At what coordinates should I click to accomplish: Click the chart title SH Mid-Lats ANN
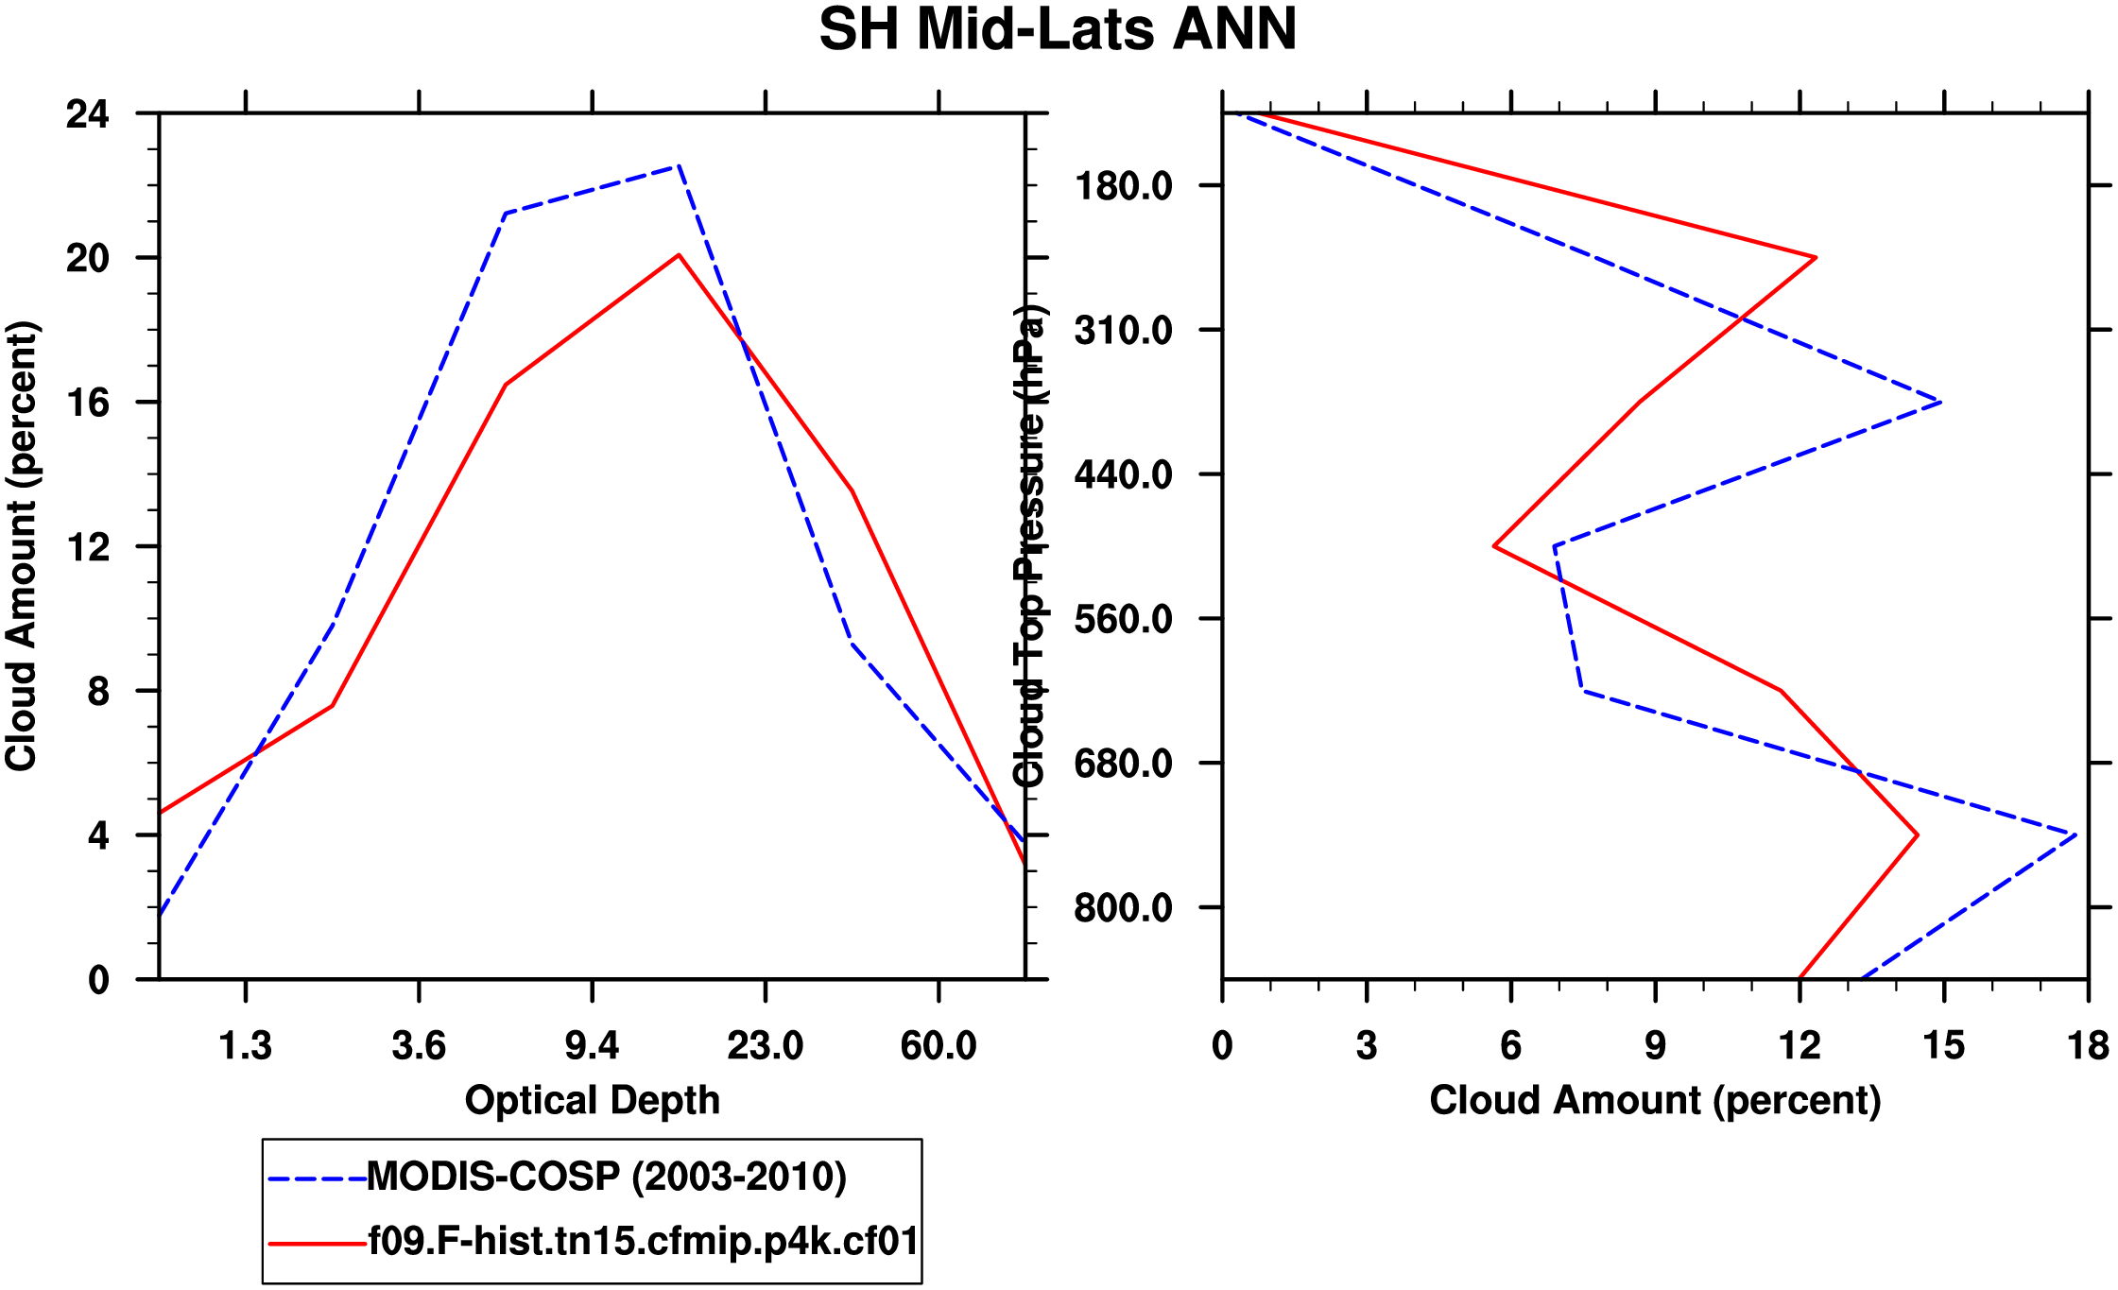click(1058, 30)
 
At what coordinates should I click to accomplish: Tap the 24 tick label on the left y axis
click(88, 114)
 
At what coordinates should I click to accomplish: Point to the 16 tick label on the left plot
click(88, 404)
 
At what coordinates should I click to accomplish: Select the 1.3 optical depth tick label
click(246, 1046)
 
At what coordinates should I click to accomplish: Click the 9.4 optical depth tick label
click(592, 1046)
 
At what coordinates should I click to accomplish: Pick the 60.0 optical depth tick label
click(938, 1046)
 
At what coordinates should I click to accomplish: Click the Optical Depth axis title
click(593, 1101)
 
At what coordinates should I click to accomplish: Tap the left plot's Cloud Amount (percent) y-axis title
click(21, 546)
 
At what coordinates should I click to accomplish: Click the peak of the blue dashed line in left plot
click(679, 165)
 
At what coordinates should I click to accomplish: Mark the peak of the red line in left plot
click(679, 255)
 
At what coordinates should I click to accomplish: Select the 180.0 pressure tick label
click(1124, 186)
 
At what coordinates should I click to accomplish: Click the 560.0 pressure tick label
click(1124, 620)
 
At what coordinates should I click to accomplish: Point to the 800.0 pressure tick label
click(1124, 908)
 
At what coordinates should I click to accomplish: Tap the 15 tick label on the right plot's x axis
click(1943, 1046)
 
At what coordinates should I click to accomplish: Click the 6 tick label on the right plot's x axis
click(1510, 1046)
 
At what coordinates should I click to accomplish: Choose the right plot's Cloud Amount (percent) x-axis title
click(1655, 1101)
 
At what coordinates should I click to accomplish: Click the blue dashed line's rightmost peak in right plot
click(2075, 834)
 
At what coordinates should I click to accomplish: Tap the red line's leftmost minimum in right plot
click(1494, 546)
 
